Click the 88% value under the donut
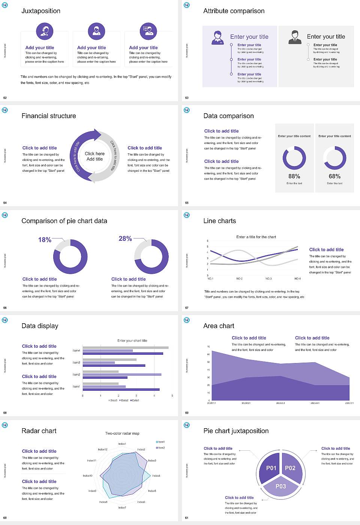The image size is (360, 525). pos(294,176)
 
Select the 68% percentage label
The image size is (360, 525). pos(334,176)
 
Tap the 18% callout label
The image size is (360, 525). pos(45,240)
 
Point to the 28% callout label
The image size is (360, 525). pos(125,239)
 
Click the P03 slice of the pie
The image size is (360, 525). pos(281,486)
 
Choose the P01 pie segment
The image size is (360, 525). pos(271,468)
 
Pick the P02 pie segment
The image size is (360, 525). pos(290,468)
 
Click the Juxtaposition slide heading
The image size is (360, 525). pos(41,11)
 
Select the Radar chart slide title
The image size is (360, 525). pos(39,431)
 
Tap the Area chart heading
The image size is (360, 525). pos(219,326)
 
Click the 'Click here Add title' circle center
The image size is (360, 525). pos(94,156)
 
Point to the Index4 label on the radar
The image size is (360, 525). pos(156,475)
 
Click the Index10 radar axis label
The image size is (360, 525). pos(87,475)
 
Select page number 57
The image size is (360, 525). pos(187,308)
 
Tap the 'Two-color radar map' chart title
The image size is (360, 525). pos(122,433)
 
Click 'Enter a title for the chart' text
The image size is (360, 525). pos(256,237)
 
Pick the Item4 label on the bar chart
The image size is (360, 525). pos(76,351)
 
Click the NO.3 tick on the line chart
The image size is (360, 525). pos(268,279)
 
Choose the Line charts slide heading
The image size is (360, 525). pos(219,221)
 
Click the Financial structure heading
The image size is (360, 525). pos(49,116)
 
